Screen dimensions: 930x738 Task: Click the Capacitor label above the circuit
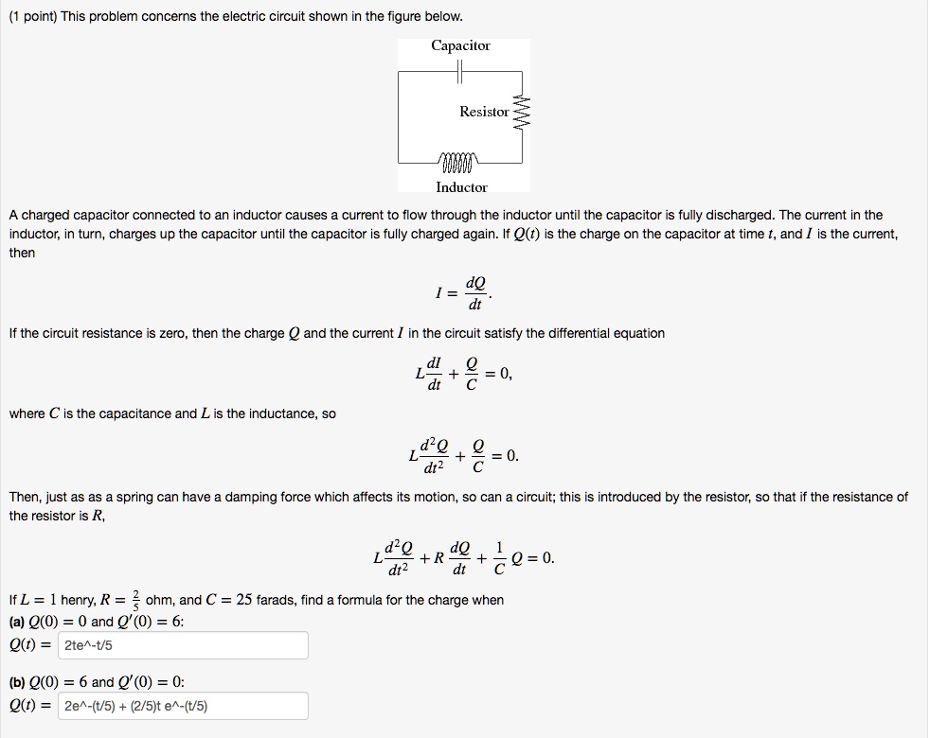click(460, 45)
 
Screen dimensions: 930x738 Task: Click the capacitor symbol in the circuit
click(460, 71)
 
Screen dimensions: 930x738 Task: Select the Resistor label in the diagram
click(484, 112)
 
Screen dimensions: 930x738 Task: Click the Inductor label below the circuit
click(461, 187)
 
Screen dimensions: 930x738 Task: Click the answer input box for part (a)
click(184, 646)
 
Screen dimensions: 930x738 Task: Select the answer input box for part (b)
click(184, 706)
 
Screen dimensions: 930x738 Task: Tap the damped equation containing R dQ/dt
click(463, 557)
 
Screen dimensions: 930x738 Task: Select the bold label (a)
click(17, 622)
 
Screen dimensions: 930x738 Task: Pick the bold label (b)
click(17, 681)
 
